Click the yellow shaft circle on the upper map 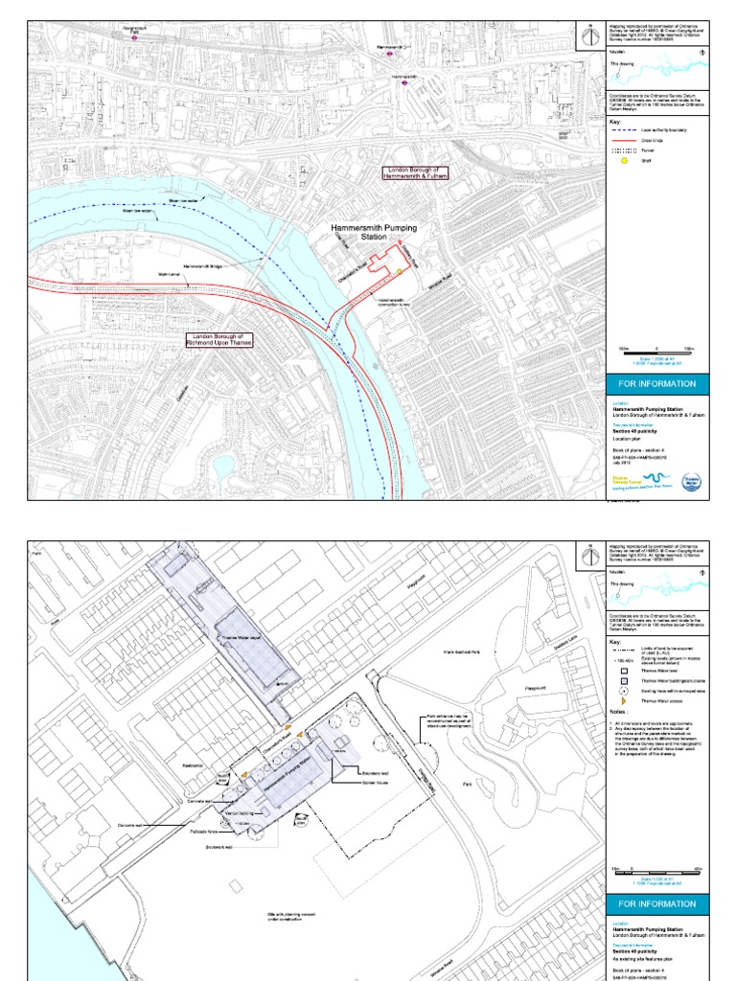399,272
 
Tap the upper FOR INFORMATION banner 656,383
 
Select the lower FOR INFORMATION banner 656,903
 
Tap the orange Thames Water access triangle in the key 620,700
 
